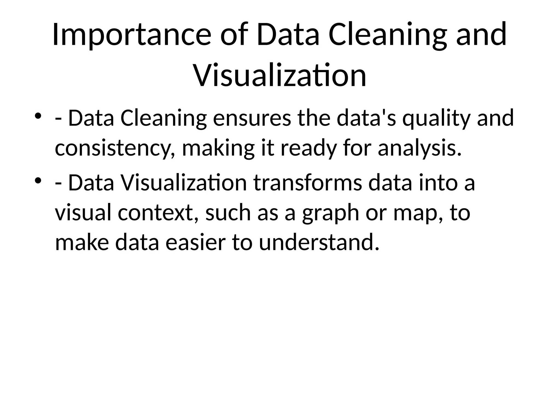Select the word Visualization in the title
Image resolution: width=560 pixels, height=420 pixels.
click(x=280, y=75)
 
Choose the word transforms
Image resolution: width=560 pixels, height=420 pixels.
click(x=308, y=183)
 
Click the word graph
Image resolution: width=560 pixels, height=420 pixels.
click(x=330, y=213)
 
